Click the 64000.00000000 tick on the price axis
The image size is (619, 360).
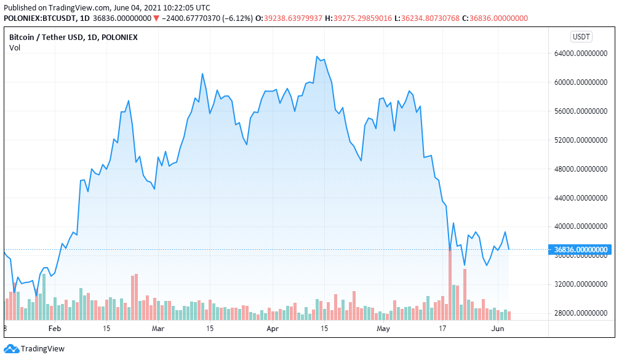click(581, 54)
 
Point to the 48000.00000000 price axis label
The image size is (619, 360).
click(581, 169)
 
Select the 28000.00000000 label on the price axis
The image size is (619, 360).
click(581, 313)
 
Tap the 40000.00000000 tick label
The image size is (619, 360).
click(581, 226)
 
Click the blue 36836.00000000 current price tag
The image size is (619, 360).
click(581, 249)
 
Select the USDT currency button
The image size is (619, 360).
click(581, 37)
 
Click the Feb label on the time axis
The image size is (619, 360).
click(55, 329)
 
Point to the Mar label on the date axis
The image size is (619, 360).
click(158, 329)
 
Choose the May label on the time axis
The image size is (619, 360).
click(383, 329)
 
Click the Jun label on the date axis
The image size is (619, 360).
click(498, 329)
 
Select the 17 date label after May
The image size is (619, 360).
click(442, 329)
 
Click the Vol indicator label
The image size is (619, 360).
click(15, 48)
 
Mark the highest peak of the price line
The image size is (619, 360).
click(317, 57)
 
